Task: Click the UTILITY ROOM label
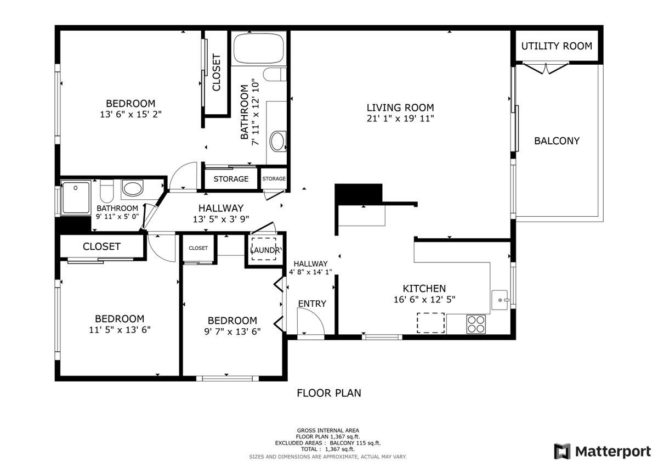coord(557,46)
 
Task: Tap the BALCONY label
coord(557,141)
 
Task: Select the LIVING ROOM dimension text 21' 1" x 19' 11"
coord(400,119)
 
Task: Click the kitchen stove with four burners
coord(476,324)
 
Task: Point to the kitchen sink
coord(500,300)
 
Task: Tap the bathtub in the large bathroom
coord(259,48)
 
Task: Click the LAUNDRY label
coord(266,250)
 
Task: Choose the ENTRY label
coord(312,304)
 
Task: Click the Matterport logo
coord(603,451)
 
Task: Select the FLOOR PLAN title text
coord(328,393)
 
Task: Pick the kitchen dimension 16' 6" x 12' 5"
coord(424,300)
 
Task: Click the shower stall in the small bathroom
coord(76,198)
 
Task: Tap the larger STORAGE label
coord(231,179)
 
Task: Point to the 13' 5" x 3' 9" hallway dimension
coord(221,219)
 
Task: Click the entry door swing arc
coord(317,316)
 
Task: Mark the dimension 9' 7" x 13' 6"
coord(232,332)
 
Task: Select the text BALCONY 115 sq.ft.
coord(355,443)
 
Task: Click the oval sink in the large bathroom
coord(277,141)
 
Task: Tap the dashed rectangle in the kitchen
coord(430,323)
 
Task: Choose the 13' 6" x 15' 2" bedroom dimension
coord(131,114)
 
